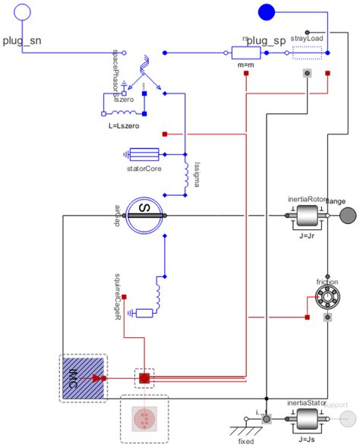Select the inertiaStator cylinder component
pos(307,419)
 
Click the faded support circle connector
pos(348,419)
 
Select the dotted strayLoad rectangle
pos(307,53)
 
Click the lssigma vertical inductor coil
pos(184,175)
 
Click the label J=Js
pos(307,439)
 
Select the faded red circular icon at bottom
pos(144,418)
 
